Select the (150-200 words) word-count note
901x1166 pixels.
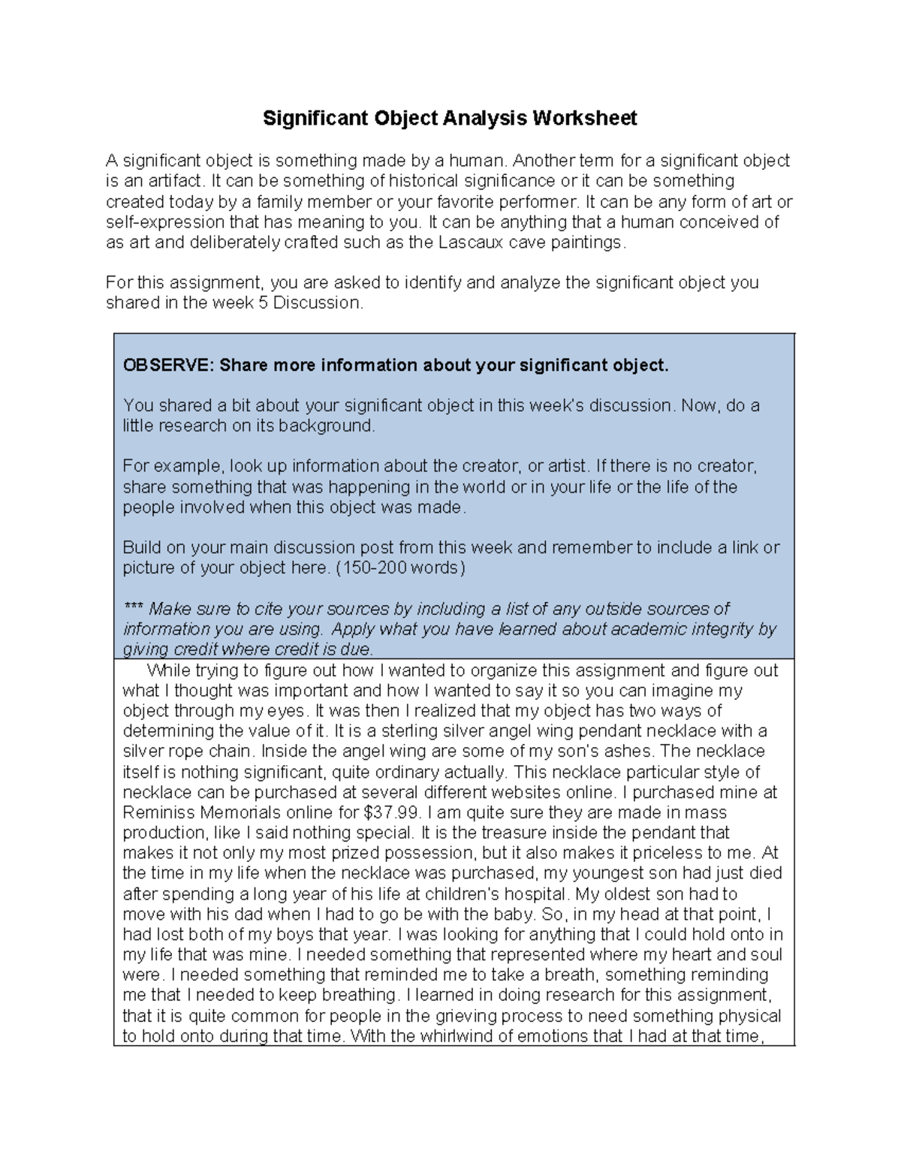point(401,568)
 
